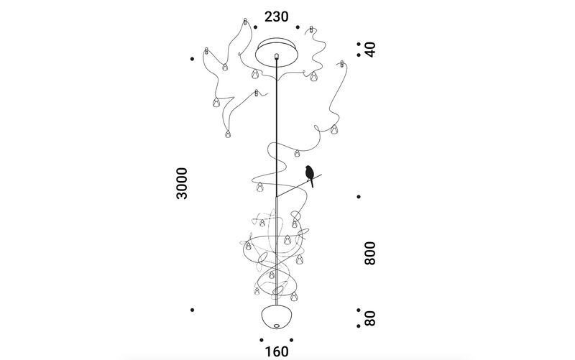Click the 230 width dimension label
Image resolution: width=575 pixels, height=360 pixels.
(x=277, y=17)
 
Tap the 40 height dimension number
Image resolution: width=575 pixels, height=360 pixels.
(x=370, y=50)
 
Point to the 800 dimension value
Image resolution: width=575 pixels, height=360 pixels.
(x=370, y=253)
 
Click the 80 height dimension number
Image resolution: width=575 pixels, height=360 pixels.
(x=370, y=317)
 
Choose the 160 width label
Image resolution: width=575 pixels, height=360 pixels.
(x=277, y=352)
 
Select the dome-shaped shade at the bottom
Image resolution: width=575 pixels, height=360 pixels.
(x=277, y=318)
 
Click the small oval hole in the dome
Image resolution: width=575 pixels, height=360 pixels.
(x=277, y=328)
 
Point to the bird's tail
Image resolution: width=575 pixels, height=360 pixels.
(x=313, y=184)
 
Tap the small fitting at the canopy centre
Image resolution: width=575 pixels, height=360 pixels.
(x=277, y=55)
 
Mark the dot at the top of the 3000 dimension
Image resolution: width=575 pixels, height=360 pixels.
(x=192, y=58)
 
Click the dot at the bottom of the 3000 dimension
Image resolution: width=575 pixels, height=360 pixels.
(x=192, y=310)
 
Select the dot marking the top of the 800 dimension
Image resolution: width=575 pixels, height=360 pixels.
(x=359, y=196)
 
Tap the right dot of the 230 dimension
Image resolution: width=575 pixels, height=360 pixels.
(x=298, y=27)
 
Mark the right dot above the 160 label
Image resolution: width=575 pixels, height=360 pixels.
(x=292, y=339)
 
